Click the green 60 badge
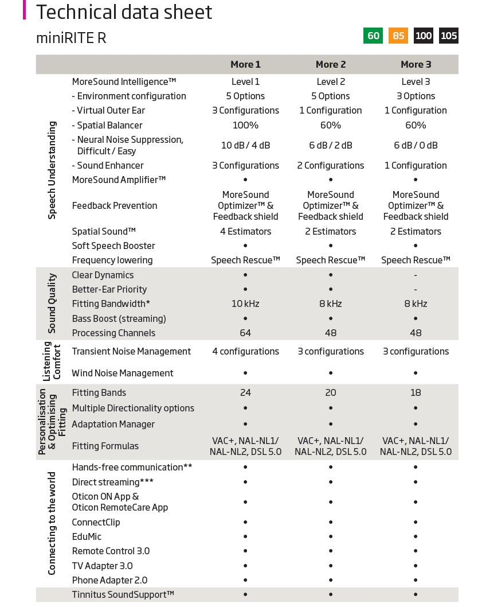click(x=373, y=36)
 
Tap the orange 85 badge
click(x=398, y=36)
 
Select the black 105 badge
click(x=449, y=36)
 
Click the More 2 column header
click(x=331, y=64)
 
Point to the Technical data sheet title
click(x=124, y=12)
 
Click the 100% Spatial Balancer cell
click(x=245, y=125)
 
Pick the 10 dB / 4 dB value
click(x=245, y=145)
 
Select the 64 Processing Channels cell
click(x=245, y=333)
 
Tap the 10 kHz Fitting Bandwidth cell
click(x=245, y=303)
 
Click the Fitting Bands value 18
click(x=416, y=392)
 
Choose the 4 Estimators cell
click(x=245, y=231)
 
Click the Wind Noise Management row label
click(x=123, y=373)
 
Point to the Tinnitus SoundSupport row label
click(x=123, y=594)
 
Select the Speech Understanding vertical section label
click(x=52, y=170)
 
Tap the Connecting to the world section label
click(x=52, y=523)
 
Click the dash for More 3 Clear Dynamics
click(x=416, y=275)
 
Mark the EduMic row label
click(x=87, y=536)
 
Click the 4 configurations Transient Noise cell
click(x=245, y=351)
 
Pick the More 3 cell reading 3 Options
click(x=416, y=96)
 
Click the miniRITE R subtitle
click(x=71, y=38)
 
